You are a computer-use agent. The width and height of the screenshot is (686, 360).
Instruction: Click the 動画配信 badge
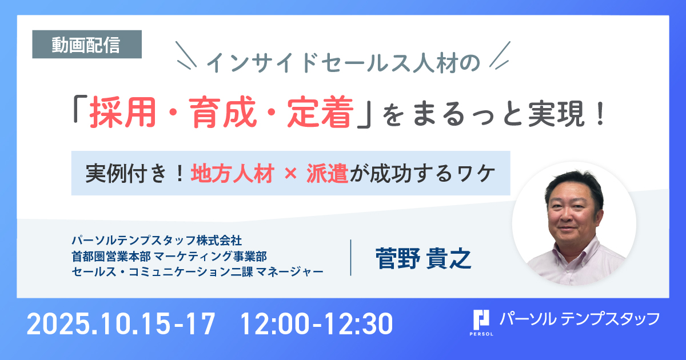pyautogui.click(x=87, y=44)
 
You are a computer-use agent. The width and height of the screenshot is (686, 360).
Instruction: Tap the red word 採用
pyautogui.click(x=122, y=112)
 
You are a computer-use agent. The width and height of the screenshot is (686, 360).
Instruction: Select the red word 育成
pyautogui.click(x=222, y=112)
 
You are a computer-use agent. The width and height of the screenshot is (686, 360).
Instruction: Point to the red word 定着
pyautogui.click(x=320, y=112)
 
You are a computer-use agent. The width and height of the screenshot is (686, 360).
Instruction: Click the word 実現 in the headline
pyautogui.click(x=556, y=114)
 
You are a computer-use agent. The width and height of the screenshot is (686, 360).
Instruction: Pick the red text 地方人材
pyautogui.click(x=233, y=174)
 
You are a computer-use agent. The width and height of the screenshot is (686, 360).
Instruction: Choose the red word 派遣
pyautogui.click(x=328, y=174)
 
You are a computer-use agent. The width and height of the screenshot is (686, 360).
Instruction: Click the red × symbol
pyautogui.click(x=290, y=174)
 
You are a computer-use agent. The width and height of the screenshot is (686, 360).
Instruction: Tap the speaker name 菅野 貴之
pyautogui.click(x=423, y=258)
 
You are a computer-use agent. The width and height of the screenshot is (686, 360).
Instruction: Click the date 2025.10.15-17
pyautogui.click(x=121, y=324)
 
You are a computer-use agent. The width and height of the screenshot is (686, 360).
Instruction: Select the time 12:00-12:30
pyautogui.click(x=316, y=324)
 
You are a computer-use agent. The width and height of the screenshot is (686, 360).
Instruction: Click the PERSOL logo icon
pyautogui.click(x=481, y=323)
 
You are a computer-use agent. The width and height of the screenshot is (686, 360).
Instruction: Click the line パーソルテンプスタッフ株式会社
pyautogui.click(x=157, y=241)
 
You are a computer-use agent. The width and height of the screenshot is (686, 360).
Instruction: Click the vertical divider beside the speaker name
pyautogui.click(x=350, y=258)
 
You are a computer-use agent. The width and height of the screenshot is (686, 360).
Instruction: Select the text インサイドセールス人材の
pyautogui.click(x=343, y=63)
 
